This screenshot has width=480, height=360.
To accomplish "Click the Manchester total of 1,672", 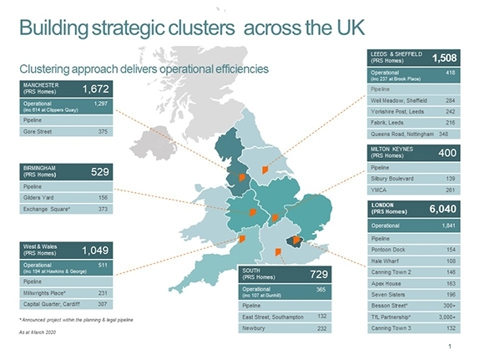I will [94, 89].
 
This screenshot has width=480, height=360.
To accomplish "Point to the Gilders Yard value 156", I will [103, 197].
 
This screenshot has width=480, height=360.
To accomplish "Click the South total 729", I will [316, 275].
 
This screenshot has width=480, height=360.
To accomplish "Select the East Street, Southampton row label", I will [273, 317].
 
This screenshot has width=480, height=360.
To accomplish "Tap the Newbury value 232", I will [321, 329].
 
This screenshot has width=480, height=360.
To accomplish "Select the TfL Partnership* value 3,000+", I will [447, 318].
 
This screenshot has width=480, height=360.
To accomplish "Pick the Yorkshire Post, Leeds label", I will [397, 110].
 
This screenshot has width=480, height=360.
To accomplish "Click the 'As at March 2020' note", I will [35, 332].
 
